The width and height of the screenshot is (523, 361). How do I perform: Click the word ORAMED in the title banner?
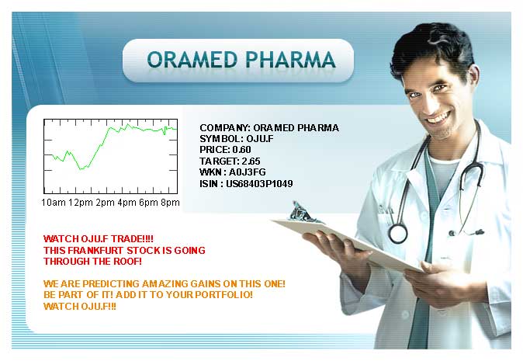tap(192, 60)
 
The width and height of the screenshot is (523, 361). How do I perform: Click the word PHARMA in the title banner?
tap(290, 60)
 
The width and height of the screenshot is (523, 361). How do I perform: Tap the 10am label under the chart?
tap(54, 203)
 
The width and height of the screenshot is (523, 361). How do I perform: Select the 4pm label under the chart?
tap(126, 203)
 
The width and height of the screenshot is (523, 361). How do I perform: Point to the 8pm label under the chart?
tap(170, 203)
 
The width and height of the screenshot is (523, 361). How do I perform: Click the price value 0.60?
tap(242, 150)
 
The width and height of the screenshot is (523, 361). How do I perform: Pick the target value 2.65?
tap(251, 161)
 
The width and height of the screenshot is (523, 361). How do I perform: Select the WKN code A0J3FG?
tap(248, 172)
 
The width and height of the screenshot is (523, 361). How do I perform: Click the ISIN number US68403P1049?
tap(259, 183)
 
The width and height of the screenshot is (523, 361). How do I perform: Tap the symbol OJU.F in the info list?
tap(260, 138)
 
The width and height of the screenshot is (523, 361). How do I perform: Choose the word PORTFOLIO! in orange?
tap(223, 295)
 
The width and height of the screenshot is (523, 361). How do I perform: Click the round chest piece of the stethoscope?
tap(398, 233)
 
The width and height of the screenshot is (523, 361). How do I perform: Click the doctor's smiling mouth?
tap(438, 118)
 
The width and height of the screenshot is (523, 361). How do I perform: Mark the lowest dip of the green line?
tap(81, 168)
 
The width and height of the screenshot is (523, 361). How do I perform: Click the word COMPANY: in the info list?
tap(225, 128)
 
